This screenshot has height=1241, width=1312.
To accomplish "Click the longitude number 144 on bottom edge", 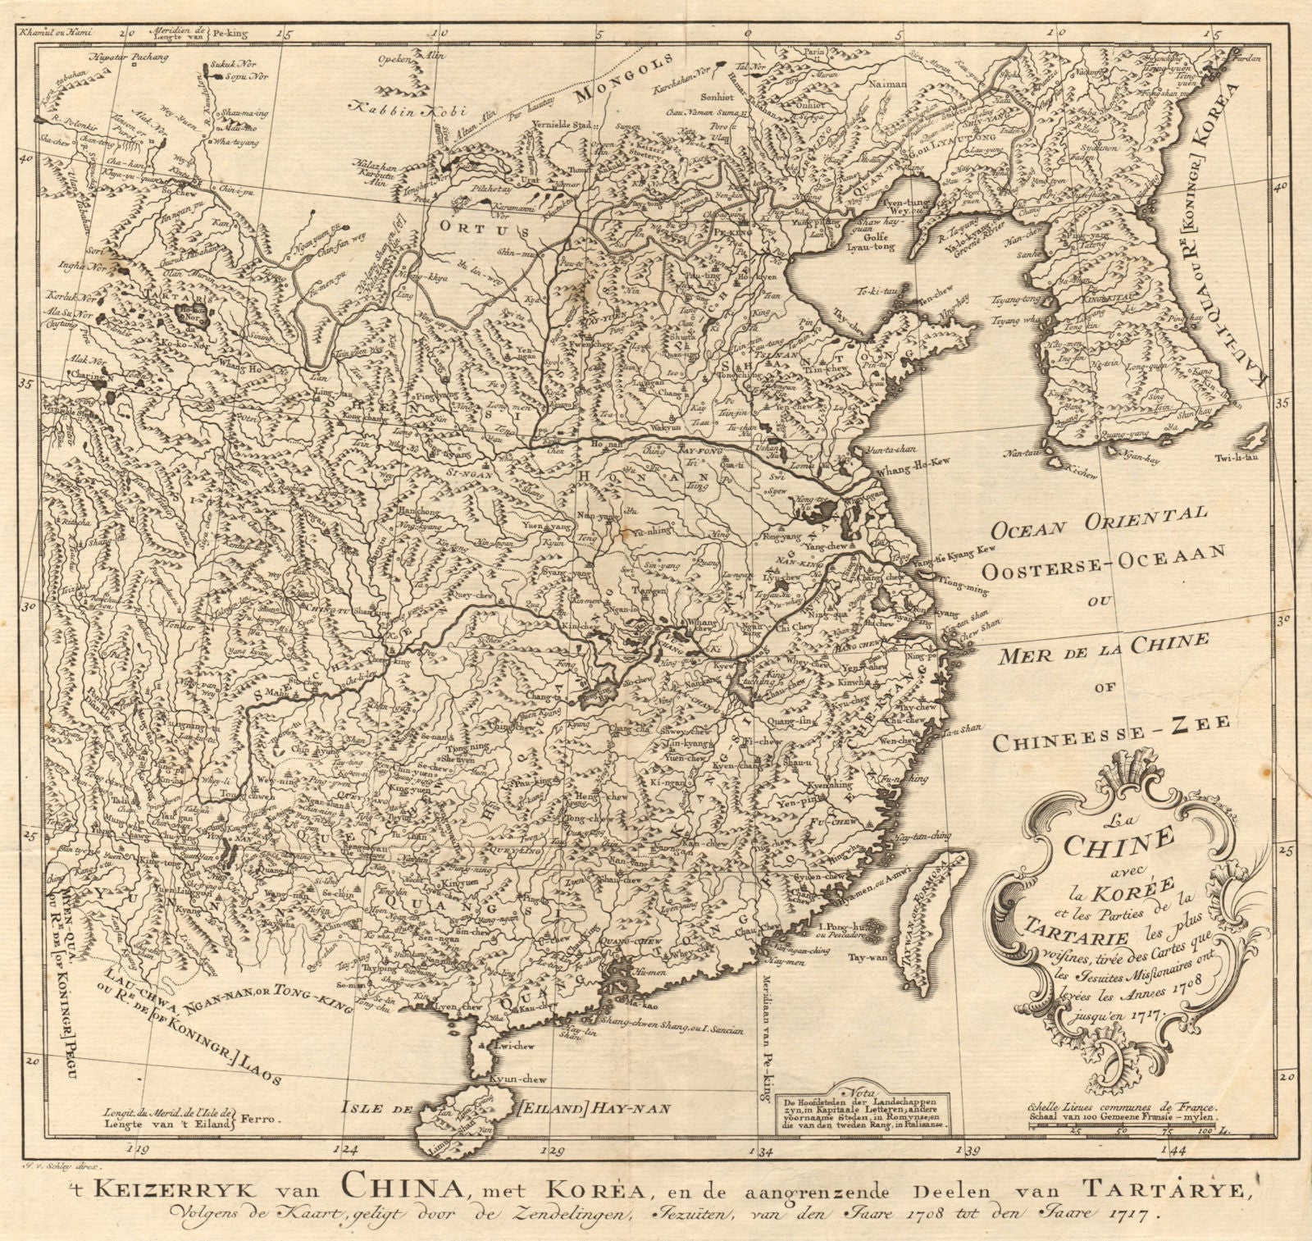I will (1178, 1151).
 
